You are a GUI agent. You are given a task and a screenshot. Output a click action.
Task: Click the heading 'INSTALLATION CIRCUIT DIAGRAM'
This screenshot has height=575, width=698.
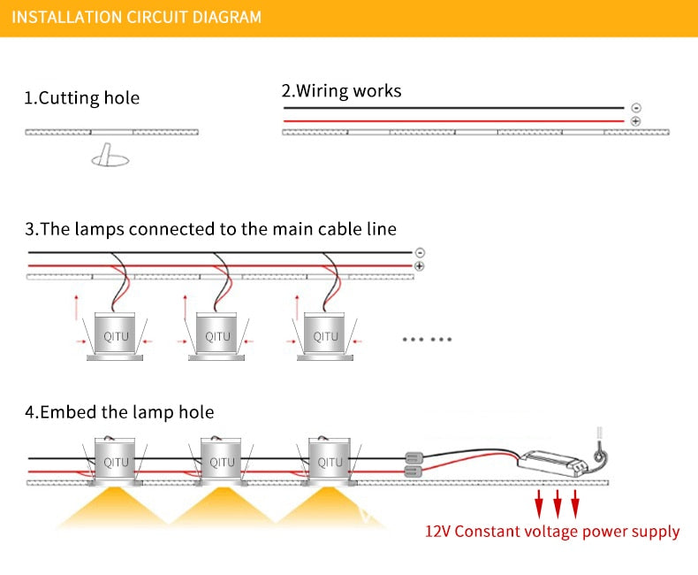tap(137, 17)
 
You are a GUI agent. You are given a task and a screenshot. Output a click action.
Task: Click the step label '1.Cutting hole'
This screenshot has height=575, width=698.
tap(81, 98)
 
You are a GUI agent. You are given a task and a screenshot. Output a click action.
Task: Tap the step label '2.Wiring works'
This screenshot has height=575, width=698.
tap(341, 91)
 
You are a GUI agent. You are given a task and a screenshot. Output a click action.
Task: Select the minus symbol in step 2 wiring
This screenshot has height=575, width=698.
tap(636, 108)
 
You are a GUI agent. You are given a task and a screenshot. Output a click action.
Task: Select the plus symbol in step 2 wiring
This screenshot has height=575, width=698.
tap(636, 120)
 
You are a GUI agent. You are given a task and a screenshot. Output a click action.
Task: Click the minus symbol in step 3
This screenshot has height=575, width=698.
tap(419, 252)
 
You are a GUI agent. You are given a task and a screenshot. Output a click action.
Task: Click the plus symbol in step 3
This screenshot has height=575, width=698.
tap(419, 265)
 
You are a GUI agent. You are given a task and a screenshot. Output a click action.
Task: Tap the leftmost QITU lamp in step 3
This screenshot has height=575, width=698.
tap(116, 336)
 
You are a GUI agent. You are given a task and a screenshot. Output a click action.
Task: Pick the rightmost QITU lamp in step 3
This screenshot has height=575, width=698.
tap(325, 336)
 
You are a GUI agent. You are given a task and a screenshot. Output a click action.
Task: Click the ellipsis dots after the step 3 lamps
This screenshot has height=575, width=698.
tap(428, 339)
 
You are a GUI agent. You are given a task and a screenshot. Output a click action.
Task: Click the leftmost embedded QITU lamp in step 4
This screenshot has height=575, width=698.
tap(116, 462)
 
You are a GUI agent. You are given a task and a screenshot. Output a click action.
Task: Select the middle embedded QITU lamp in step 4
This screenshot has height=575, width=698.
tap(222, 462)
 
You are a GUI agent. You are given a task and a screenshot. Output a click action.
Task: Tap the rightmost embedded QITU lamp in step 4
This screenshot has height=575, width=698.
tap(329, 462)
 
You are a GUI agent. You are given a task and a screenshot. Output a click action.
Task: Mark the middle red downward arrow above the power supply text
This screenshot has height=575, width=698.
tap(558, 505)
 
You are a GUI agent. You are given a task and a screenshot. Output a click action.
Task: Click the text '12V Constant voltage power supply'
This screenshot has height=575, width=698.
tap(552, 533)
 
